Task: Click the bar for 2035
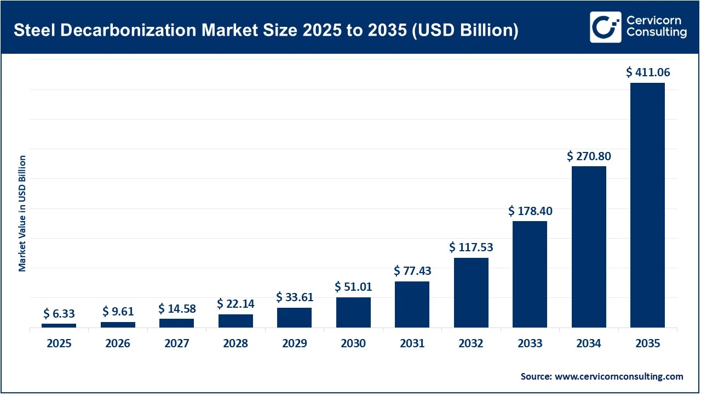point(647,205)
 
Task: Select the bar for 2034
point(589,247)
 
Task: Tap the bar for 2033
point(530,274)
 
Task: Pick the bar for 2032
point(471,292)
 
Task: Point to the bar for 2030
point(353,312)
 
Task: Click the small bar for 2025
point(59,325)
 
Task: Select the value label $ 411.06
point(648,72)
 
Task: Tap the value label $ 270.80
point(589,156)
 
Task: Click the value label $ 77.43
point(412,270)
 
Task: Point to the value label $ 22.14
point(235,303)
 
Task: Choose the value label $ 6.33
point(59,314)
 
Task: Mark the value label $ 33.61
point(294,297)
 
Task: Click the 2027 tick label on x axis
point(176,343)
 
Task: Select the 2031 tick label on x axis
point(412,343)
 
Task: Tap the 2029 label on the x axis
point(294,343)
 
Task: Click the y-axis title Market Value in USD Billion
point(22,213)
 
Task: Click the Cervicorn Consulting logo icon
point(605,27)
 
